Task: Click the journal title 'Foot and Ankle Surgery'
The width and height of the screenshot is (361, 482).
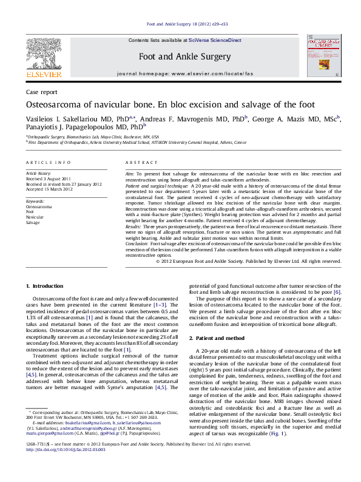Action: coord(184,56)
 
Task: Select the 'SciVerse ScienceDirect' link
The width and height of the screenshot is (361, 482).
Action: coord(215,40)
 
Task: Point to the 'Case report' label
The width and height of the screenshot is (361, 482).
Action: coord(42,92)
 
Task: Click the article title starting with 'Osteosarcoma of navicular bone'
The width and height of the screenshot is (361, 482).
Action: coord(170,105)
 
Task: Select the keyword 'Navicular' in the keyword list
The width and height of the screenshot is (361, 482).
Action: coord(35,217)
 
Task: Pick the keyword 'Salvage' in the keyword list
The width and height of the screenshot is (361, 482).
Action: coord(33,223)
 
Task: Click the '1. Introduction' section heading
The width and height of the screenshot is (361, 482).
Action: coord(47,285)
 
